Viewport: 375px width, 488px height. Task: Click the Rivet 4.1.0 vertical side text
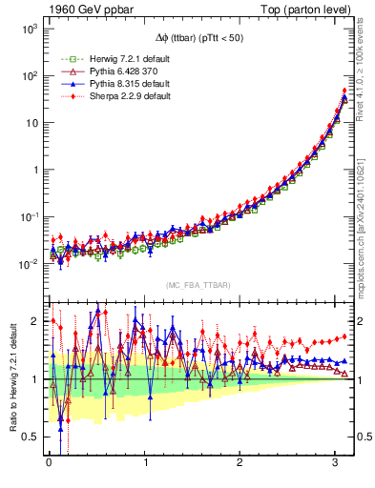pyautogui.click(x=364, y=71)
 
